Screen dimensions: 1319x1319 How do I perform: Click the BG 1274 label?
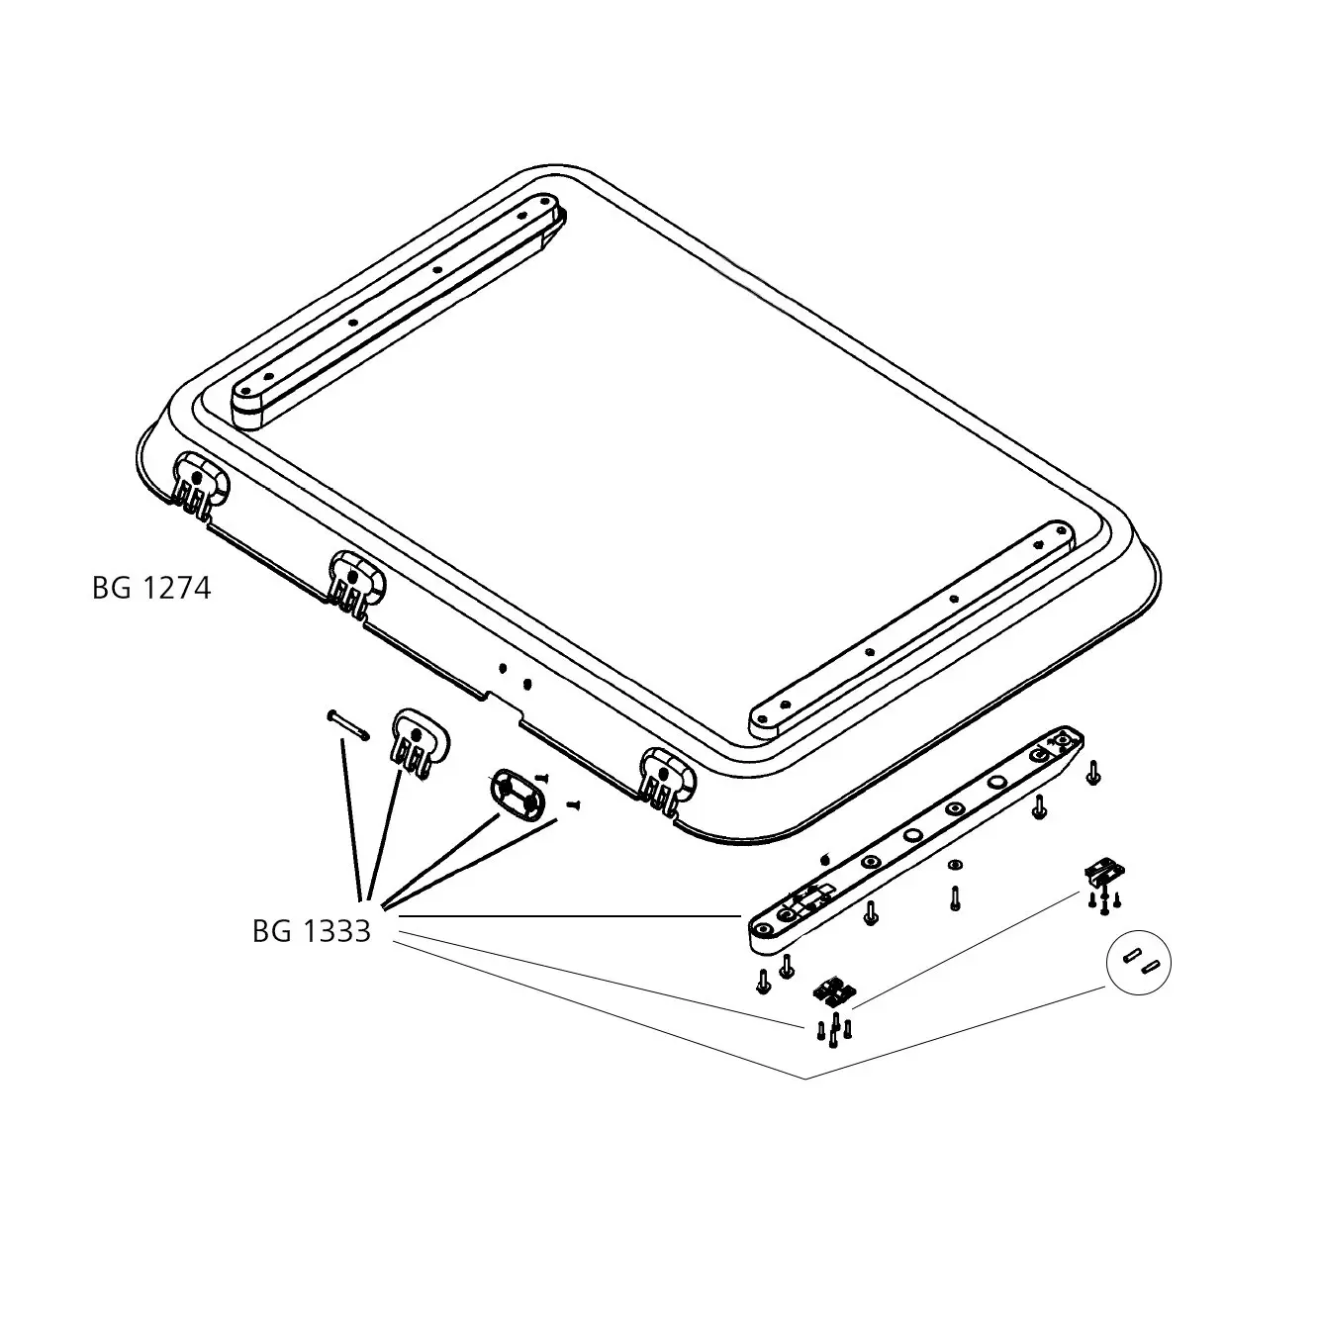coord(151,589)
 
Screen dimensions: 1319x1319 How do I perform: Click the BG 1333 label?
coord(312,931)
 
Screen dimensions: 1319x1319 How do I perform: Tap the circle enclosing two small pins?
coord(1138,963)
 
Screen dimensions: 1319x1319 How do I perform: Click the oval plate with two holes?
coord(517,795)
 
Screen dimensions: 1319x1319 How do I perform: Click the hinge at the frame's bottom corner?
coord(666,781)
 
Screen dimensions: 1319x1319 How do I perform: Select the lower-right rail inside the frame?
coord(911,629)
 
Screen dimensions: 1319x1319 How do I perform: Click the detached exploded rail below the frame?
coord(916,840)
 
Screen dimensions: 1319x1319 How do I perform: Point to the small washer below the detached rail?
coord(956,865)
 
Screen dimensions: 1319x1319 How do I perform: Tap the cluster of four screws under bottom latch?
coord(834,1031)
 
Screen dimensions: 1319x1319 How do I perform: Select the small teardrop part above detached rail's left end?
coord(825,859)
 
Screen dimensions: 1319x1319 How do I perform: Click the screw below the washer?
coord(955,898)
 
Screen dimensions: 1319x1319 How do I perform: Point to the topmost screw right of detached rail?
coord(1093,773)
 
